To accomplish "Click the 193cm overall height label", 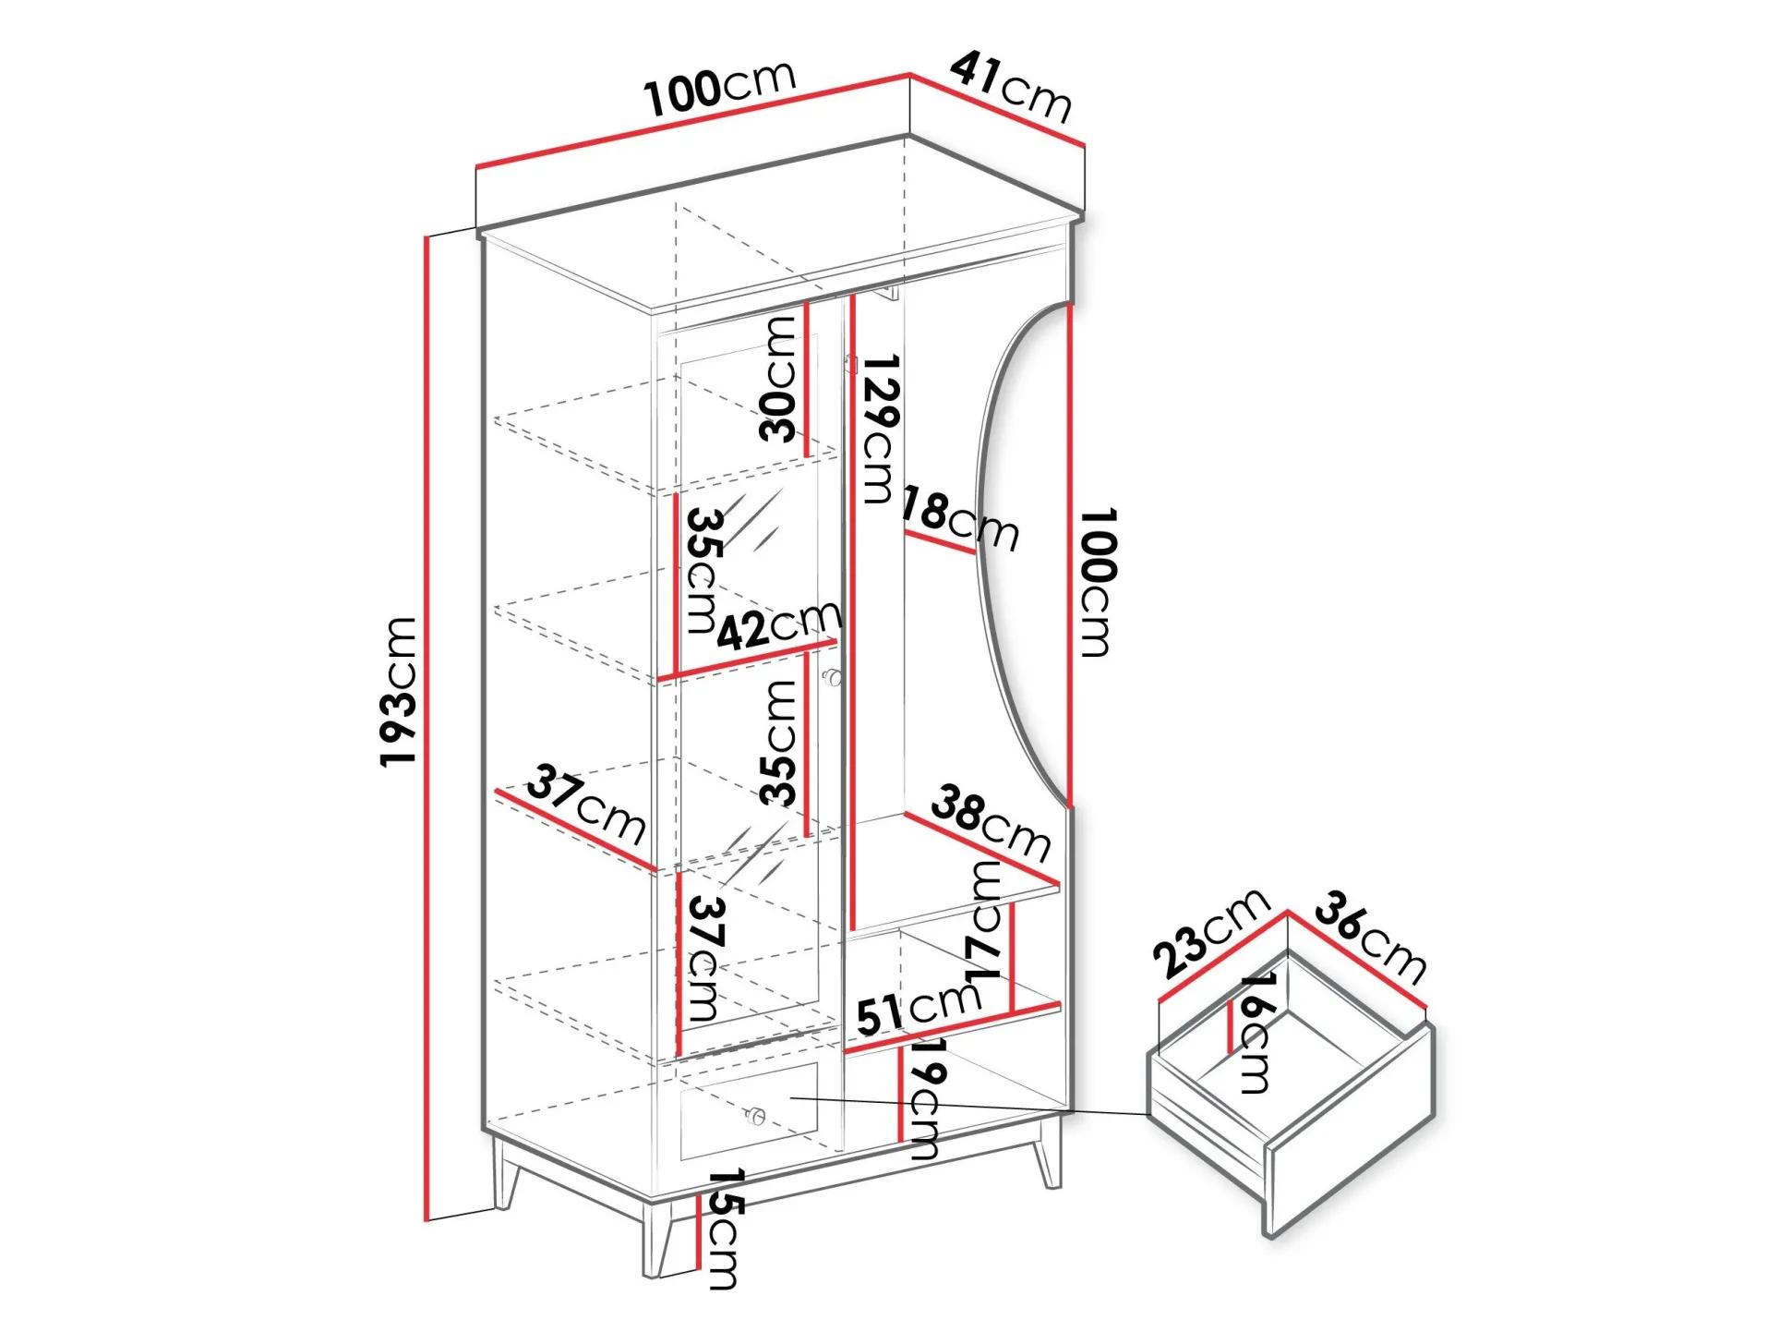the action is [x=398, y=691].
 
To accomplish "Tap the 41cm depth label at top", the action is [x=1012, y=87].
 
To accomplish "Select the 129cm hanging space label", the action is [x=880, y=429].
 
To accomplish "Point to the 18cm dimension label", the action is [x=960, y=519].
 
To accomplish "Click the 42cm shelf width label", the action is [x=779, y=625].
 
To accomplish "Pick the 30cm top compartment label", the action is [x=777, y=379].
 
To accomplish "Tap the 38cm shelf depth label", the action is [x=991, y=822].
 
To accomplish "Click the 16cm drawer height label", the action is [x=1256, y=1033].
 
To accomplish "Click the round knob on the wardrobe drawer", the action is [x=756, y=1117].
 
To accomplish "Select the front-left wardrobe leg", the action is [x=659, y=1239].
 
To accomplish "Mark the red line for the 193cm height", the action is [x=427, y=729].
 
